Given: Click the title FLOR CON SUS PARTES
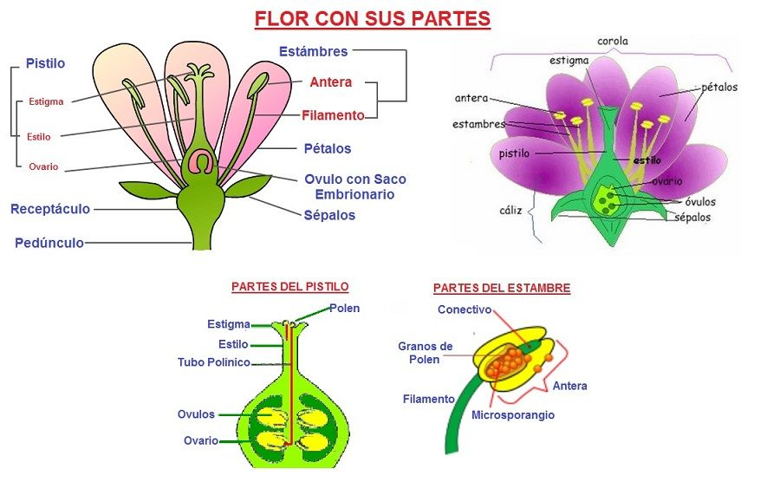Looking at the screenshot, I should click(x=372, y=18).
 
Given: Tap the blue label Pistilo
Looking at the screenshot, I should click(x=45, y=63).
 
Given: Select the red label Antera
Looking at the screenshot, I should click(x=330, y=82).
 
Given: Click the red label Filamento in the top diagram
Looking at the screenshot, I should click(x=333, y=114).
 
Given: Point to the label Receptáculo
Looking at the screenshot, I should click(x=50, y=209).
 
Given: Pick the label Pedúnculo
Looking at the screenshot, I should click(x=49, y=243).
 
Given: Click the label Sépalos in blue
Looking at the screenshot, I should click(x=329, y=215).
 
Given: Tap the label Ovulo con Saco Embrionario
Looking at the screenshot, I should click(x=354, y=186).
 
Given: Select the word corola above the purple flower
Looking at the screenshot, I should click(x=613, y=41).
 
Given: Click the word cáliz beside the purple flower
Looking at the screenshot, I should click(x=510, y=210).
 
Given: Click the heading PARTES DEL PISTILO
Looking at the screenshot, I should click(x=290, y=286).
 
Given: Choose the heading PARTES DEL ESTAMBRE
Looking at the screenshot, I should click(x=502, y=288).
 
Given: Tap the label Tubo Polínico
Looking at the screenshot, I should click(x=214, y=362).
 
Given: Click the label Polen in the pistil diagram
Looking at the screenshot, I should click(x=344, y=308).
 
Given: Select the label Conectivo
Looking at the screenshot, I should click(x=465, y=309).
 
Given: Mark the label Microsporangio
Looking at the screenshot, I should click(x=513, y=415).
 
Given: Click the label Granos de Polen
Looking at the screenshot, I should click(x=425, y=353).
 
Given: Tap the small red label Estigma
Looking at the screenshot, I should click(x=46, y=101).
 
